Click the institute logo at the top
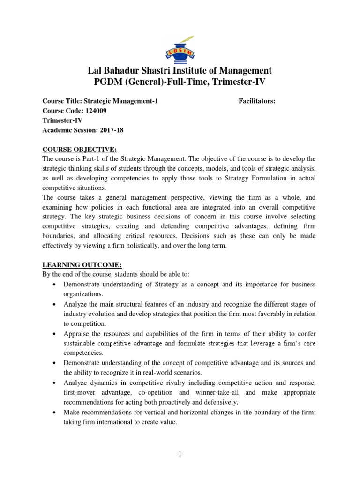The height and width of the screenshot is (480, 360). (x=180, y=43)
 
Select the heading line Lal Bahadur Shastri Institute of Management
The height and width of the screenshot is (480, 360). (x=180, y=70)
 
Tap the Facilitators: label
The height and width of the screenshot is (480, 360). (x=257, y=101)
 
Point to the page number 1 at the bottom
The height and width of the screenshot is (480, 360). (x=180, y=453)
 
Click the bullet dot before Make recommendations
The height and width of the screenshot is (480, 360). (x=56, y=412)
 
